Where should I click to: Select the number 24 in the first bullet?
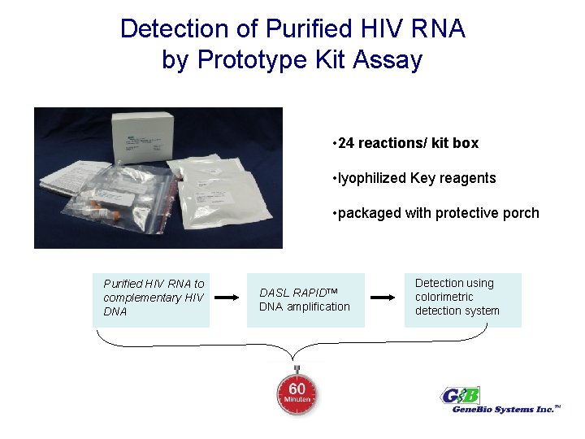347,143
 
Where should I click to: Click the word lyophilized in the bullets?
372,178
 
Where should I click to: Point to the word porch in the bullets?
521,213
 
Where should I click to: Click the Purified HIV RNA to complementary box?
151,298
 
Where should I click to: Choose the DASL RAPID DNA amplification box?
306,299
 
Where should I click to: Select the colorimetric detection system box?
462,297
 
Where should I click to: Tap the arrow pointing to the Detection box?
384,298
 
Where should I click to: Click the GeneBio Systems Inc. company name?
504,410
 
